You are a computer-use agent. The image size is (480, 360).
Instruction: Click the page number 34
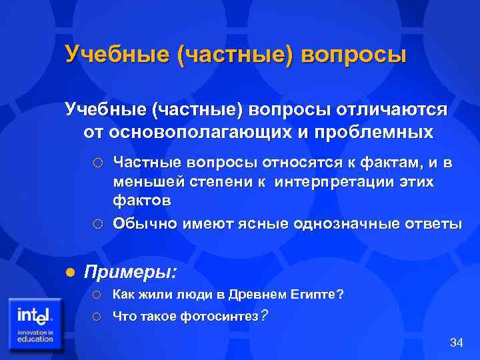[x=456, y=343]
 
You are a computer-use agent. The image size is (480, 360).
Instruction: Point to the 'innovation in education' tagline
[x=35, y=335]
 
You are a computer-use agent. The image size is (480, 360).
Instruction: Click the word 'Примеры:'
[x=131, y=271]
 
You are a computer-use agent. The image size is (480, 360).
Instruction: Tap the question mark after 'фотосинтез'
[x=264, y=315]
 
